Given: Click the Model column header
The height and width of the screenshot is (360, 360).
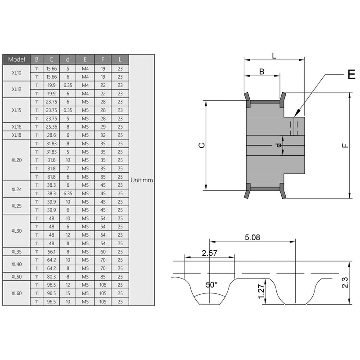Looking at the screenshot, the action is (x=16, y=59).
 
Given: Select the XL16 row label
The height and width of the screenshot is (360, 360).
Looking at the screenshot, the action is (x=16, y=127).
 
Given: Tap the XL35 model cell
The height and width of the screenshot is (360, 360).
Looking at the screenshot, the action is (x=16, y=252).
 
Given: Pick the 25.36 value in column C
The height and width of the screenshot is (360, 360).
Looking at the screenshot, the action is (x=51, y=127).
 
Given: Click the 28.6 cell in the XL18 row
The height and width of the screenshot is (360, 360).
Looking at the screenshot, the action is (x=51, y=135).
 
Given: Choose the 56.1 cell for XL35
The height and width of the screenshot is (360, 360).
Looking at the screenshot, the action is (x=51, y=252).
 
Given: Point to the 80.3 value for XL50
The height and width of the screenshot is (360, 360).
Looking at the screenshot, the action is (x=51, y=277).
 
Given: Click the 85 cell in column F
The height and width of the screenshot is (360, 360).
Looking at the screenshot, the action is (x=103, y=277).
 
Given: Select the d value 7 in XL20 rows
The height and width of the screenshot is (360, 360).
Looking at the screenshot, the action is (x=68, y=168).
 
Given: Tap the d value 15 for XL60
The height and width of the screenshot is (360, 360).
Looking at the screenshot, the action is (x=68, y=293).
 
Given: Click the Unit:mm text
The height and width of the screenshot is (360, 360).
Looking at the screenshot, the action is (x=142, y=180).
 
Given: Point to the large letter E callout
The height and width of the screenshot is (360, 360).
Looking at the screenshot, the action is (x=351, y=74).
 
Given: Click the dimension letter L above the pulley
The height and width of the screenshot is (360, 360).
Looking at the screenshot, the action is (x=274, y=56).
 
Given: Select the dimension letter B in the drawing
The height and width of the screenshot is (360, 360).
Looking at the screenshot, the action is (x=262, y=72).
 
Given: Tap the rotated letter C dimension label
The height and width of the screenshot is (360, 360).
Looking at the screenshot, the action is (x=202, y=145).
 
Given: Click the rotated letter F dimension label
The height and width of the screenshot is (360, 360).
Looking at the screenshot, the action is (x=345, y=145).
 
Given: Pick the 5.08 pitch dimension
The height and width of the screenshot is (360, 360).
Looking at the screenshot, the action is (x=252, y=238).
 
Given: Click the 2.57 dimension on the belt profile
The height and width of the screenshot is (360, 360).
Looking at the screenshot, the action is (x=209, y=253).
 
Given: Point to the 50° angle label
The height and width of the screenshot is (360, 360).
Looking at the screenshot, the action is (x=211, y=285).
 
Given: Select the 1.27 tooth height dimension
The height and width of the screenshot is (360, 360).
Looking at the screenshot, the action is (x=261, y=291).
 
